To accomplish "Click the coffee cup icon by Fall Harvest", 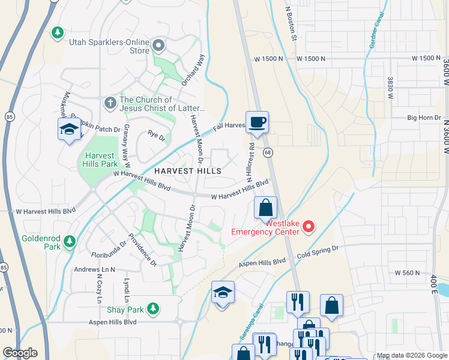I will tap(257, 122).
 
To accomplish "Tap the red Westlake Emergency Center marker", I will tap(309, 226).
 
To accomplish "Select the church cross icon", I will tap(110, 103).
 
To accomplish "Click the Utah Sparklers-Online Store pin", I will tap(158, 45).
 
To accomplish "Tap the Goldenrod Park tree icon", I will tap(70, 241).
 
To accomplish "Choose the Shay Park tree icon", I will tap(154, 308).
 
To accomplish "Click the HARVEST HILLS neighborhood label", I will tap(187, 171).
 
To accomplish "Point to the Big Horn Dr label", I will tap(424, 118).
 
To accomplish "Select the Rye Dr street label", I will tap(158, 137).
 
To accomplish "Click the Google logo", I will tap(20, 353).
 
